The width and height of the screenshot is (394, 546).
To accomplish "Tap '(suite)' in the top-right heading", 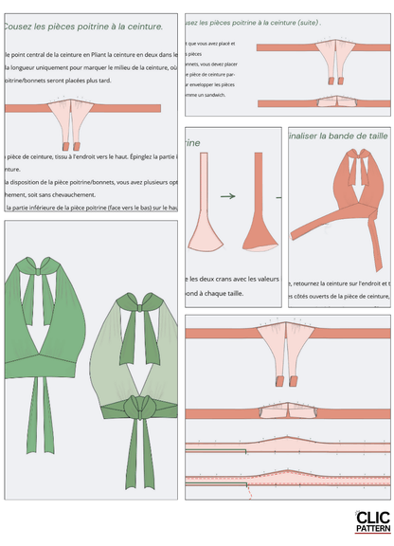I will [305, 21].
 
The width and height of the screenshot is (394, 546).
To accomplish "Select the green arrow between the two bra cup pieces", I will [227, 196].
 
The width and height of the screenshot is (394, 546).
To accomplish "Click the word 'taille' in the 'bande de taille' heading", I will [372, 136].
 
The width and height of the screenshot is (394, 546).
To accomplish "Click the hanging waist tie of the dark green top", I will [38, 403].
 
